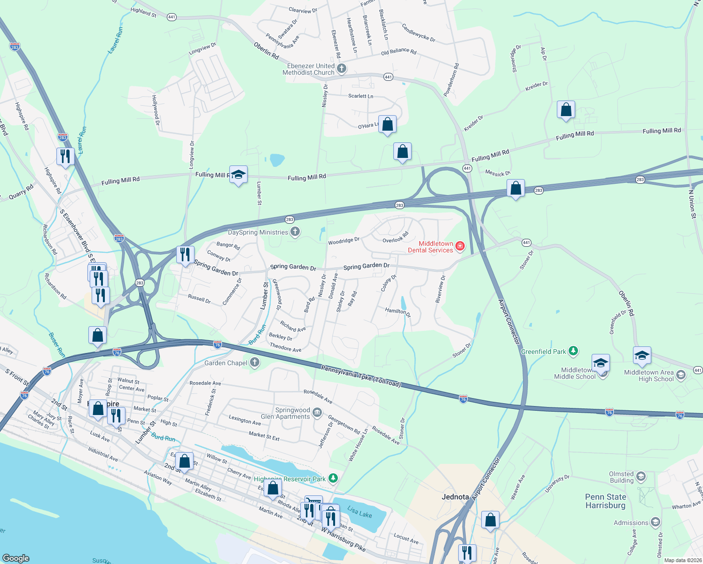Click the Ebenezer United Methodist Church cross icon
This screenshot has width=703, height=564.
pos(342,69)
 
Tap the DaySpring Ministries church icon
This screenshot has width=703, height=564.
pos(295,232)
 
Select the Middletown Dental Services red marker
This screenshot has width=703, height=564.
pos(460,246)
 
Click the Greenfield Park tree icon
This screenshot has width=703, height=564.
pos(573,351)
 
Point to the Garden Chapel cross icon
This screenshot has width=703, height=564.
pos(254,362)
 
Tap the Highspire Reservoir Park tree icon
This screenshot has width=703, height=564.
pos(333,478)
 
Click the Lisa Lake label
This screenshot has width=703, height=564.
pos(359,511)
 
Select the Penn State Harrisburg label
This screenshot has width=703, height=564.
pos(605,501)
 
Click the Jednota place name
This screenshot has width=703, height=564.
pos(455,497)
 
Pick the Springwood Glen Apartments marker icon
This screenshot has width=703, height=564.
pos(318,413)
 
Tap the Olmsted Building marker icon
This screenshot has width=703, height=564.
pos(641,477)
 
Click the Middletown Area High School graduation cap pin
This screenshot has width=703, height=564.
pos(642,356)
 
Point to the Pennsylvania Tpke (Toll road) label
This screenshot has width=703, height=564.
pos(361,376)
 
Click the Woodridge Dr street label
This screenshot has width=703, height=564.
pos(344,241)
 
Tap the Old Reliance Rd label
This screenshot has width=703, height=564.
pos(398,52)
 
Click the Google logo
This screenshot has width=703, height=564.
pos(16,558)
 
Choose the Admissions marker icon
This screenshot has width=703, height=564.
pos(656,523)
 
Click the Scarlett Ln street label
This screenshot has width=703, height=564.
pos(360,96)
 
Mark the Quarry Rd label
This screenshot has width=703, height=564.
pos(21,192)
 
